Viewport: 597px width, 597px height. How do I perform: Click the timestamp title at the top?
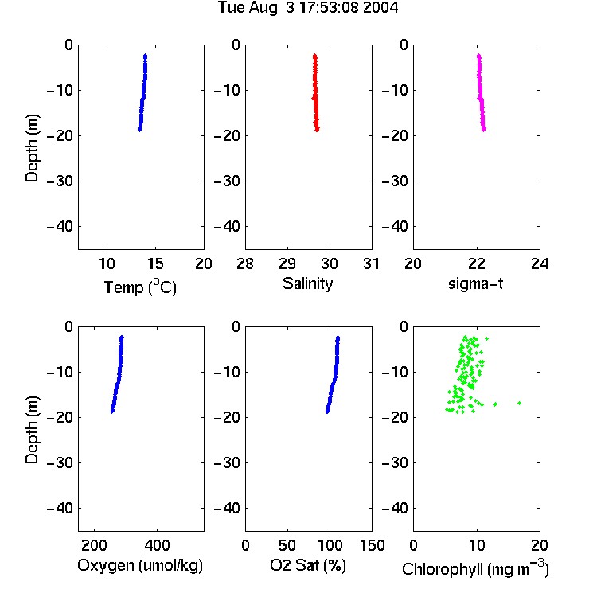coord(308,8)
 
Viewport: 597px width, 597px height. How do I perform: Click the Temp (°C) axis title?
coord(140,287)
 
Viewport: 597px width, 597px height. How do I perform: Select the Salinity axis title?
coord(307,283)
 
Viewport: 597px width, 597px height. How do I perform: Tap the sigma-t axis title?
coord(475,283)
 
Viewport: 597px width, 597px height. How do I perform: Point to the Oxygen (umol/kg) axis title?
coord(140,565)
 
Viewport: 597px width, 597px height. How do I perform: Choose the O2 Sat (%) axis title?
coord(307,565)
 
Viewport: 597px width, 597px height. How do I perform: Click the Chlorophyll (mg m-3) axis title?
coord(475,568)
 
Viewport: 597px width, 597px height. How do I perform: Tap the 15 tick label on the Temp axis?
coord(155,263)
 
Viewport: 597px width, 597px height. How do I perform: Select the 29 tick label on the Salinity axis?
coord(287,263)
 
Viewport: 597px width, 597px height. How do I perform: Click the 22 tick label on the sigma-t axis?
coord(476,263)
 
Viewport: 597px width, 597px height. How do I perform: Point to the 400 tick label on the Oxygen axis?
coord(157,545)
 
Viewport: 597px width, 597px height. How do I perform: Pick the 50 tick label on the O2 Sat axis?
coord(287,545)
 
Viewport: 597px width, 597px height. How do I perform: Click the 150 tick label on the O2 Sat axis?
coord(372,545)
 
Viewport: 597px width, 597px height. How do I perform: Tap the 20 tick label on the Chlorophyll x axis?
coord(540,545)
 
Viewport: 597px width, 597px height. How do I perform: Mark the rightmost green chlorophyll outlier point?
coord(519,403)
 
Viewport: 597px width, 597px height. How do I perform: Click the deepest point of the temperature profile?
coord(140,130)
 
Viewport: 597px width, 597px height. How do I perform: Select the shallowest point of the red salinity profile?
coord(315,56)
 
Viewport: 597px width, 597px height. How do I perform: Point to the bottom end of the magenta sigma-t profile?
coord(483,130)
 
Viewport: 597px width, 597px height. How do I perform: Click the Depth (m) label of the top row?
coord(32,148)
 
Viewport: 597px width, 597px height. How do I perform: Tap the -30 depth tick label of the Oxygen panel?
coord(60,463)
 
